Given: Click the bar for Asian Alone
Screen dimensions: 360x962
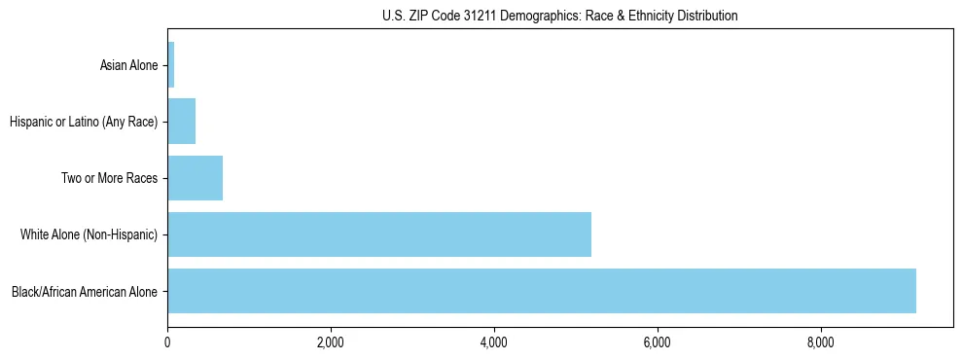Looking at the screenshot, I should [x=171, y=65].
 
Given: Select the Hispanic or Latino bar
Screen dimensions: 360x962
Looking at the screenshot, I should [x=182, y=122].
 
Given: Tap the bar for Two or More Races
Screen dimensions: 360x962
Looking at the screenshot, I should [x=196, y=178].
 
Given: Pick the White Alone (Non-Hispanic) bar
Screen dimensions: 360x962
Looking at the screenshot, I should [x=379, y=234].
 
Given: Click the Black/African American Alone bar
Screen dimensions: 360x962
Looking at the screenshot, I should [x=542, y=291].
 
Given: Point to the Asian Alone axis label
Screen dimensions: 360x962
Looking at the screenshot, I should [x=128, y=65].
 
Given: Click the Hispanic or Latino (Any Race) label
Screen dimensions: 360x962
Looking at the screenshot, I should [x=83, y=122].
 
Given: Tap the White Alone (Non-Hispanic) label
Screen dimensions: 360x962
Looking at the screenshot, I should [x=89, y=234].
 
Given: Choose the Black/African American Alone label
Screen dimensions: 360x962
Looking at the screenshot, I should [x=85, y=291].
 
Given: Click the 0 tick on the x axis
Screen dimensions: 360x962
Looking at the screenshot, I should [x=167, y=342].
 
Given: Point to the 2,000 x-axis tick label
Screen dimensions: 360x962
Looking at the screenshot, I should [x=331, y=342].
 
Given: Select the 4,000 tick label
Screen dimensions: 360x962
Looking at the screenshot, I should [x=494, y=342].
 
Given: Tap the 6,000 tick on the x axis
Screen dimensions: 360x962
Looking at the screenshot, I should [x=658, y=342].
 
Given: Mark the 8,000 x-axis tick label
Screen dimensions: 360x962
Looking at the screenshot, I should [x=821, y=342].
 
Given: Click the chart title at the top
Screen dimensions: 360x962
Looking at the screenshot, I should [x=559, y=16].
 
